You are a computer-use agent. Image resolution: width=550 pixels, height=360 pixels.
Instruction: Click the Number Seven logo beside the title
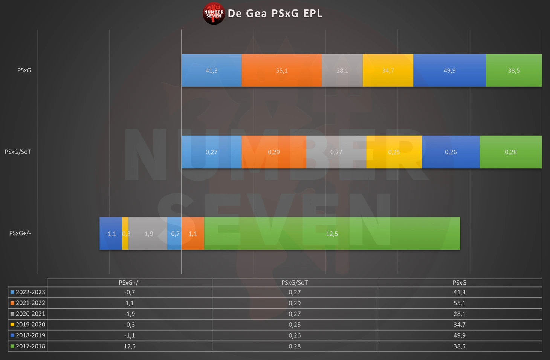[x=214, y=14]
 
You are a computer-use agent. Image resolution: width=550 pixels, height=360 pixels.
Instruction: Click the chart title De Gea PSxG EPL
[x=275, y=14]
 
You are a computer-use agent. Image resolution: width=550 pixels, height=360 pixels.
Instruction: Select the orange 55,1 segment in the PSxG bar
[x=282, y=70]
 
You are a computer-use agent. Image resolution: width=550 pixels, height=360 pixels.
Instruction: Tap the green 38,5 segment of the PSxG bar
[x=514, y=70]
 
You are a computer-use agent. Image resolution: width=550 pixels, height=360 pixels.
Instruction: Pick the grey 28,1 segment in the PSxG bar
[x=342, y=70]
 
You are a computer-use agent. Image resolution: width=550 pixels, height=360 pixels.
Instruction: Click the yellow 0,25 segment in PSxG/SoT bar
[x=394, y=152]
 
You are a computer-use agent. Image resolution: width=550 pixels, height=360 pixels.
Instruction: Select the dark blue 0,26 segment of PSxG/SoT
[x=451, y=152]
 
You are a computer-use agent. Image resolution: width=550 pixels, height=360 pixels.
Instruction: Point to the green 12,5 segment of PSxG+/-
[x=332, y=234]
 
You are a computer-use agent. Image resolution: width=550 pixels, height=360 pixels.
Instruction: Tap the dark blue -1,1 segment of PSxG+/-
[x=111, y=234]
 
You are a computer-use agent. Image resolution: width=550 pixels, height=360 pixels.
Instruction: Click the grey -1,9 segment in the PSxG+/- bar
[x=148, y=234]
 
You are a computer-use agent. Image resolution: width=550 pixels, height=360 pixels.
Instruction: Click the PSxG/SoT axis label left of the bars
[x=18, y=152]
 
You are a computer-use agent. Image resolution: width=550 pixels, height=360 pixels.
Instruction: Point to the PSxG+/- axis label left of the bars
[x=20, y=233]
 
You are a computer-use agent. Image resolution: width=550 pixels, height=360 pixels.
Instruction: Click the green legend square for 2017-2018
[x=12, y=346]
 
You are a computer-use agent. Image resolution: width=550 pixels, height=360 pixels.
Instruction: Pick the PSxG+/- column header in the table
[x=130, y=283]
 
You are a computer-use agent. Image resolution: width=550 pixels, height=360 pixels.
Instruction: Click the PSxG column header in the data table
[x=459, y=283]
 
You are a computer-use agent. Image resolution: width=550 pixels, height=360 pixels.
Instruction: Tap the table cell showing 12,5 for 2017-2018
[x=130, y=346]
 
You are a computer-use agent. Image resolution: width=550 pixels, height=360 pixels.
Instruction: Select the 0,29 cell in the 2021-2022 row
[x=295, y=303]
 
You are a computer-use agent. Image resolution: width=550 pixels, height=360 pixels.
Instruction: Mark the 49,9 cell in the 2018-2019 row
[x=459, y=335]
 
